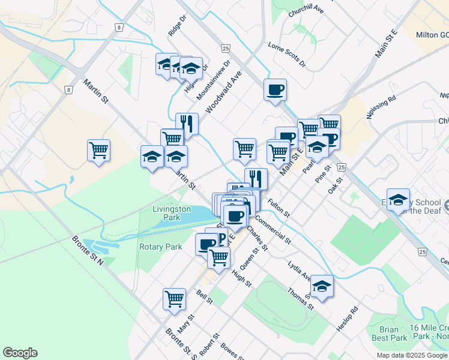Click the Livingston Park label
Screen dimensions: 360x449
coord(172,213)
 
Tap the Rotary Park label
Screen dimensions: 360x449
coord(160,247)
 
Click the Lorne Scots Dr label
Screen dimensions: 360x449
coord(287,55)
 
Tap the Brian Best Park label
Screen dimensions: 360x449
coord(393,334)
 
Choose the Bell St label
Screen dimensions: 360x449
coord(205,296)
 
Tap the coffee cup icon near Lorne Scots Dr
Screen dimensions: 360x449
coord(275,89)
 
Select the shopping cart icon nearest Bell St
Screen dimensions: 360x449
coord(174,298)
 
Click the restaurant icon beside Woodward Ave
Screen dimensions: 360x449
coord(187,124)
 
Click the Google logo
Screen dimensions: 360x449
coord(20,353)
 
